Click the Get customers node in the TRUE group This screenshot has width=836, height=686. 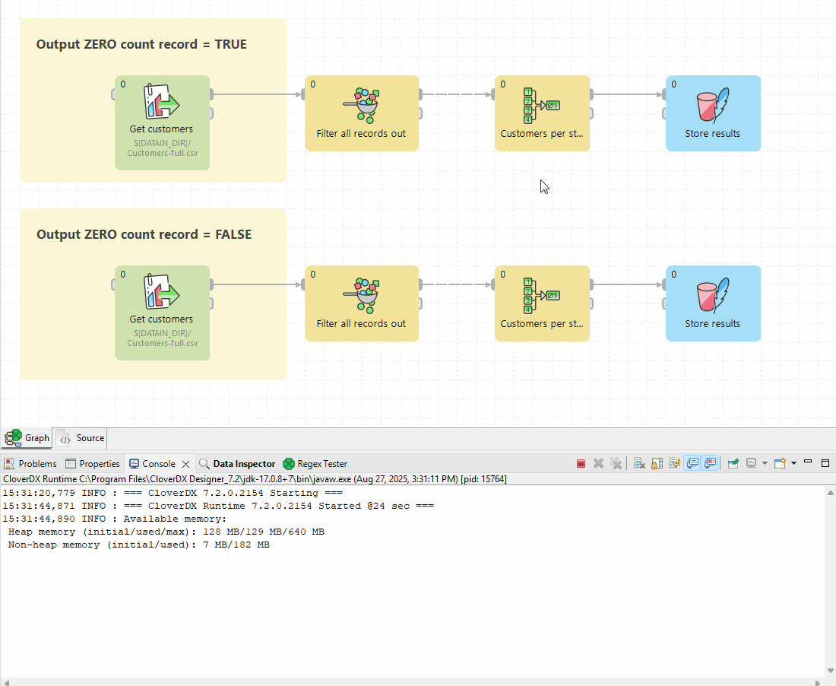162,122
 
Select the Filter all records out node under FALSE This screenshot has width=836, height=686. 362,303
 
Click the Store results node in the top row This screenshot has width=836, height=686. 713,113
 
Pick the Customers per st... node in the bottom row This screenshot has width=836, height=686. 542,303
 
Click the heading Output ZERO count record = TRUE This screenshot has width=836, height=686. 141,44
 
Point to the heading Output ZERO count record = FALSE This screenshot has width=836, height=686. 144,234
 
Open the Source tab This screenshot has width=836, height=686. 81,438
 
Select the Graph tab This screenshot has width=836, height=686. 27,438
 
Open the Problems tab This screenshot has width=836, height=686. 30,464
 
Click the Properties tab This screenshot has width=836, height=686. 92,464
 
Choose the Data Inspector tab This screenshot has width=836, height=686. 237,464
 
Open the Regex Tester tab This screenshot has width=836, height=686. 315,464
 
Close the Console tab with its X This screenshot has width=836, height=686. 185,464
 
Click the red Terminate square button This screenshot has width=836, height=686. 581,464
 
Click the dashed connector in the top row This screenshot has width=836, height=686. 457,94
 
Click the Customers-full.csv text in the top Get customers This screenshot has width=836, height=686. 162,153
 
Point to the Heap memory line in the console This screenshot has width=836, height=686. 166,532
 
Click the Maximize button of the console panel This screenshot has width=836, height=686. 825,463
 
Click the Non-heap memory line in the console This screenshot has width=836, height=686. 138,545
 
